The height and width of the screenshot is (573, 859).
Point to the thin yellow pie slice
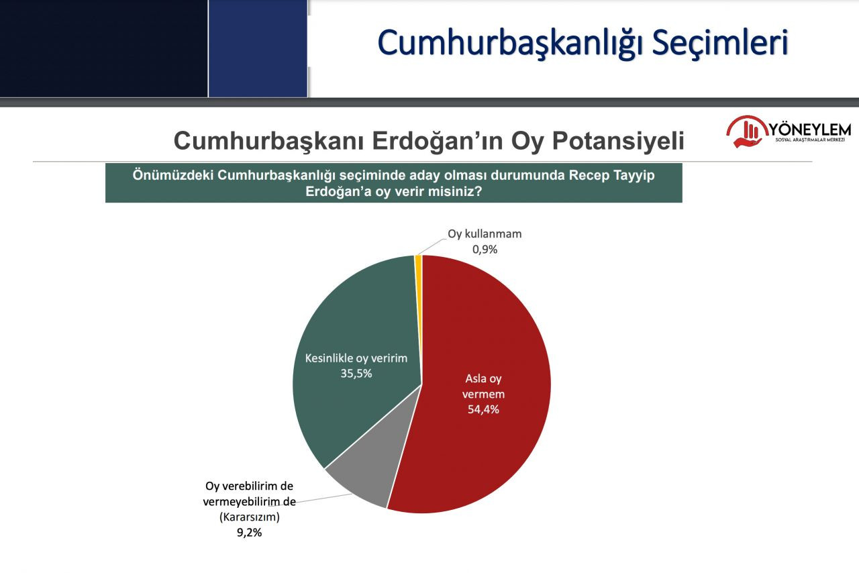coord(418,264)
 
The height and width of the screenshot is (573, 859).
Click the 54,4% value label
coord(483,409)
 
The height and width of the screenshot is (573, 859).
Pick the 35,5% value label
coord(356,374)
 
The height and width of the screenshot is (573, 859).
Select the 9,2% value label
coord(249,532)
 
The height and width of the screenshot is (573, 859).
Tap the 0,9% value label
coord(485,250)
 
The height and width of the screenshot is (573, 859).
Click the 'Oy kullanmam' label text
coord(485,234)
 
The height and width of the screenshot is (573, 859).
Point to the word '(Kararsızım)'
coord(249,517)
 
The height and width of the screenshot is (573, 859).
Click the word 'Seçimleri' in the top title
coord(720,43)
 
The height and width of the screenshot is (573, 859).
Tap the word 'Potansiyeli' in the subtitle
coord(618,141)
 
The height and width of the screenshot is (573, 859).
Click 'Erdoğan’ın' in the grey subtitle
coord(438,141)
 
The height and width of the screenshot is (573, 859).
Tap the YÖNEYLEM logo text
coord(810,129)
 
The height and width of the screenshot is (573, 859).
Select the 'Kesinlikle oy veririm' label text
coord(356,358)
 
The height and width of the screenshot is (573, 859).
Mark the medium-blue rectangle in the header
coord(258,48)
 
